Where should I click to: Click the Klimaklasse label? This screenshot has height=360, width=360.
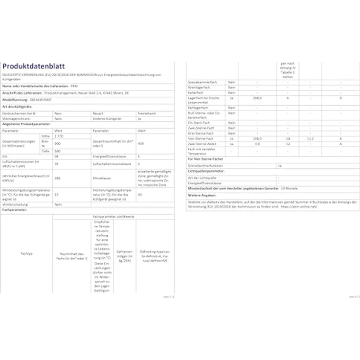point(101,179)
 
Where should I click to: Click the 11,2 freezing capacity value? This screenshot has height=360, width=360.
point(310,138)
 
